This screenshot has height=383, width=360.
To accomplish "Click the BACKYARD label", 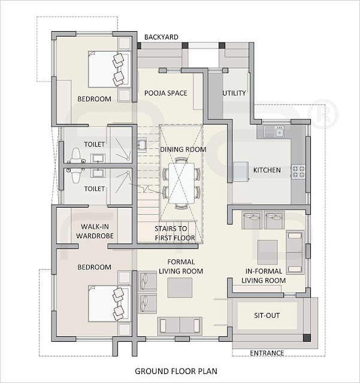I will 161,37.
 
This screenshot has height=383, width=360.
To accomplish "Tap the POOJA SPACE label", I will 166,93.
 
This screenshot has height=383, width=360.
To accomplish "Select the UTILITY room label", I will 234,93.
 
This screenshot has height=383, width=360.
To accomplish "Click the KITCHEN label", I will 267,170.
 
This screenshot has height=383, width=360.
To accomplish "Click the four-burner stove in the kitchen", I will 298,172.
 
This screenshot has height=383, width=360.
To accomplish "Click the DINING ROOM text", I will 183,150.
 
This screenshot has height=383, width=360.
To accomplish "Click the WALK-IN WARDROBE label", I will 95,231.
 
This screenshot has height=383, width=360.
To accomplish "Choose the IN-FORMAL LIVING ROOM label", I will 265,276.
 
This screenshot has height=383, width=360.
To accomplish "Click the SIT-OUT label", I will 267,315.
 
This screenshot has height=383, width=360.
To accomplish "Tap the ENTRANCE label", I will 267,352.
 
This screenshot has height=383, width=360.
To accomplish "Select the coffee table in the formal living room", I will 180,288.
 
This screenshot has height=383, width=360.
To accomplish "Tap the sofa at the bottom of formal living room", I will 180,326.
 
